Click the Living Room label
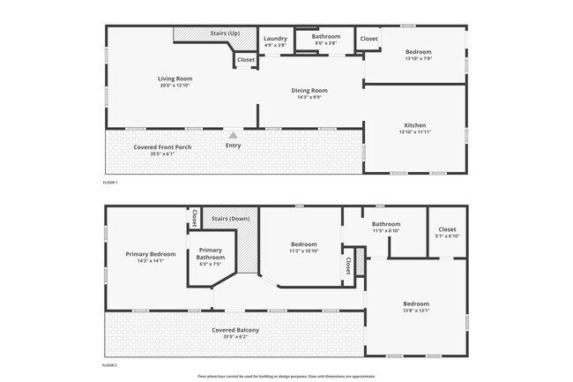tap(175, 79)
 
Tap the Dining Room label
tap(309, 90)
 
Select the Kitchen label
tap(415, 124)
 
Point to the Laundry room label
tap(275, 39)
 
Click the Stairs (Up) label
tap(225, 34)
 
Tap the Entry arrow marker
tap(233, 135)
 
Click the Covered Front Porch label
tap(162, 146)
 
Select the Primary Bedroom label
tap(151, 254)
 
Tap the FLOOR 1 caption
tap(110, 182)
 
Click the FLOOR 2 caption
tap(110, 363)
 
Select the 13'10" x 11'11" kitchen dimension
tap(415, 131)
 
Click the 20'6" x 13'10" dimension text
tap(175, 86)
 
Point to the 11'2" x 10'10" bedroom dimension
tap(303, 251)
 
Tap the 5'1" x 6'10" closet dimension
tap(447, 236)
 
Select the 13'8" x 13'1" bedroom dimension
tap(416, 311)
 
